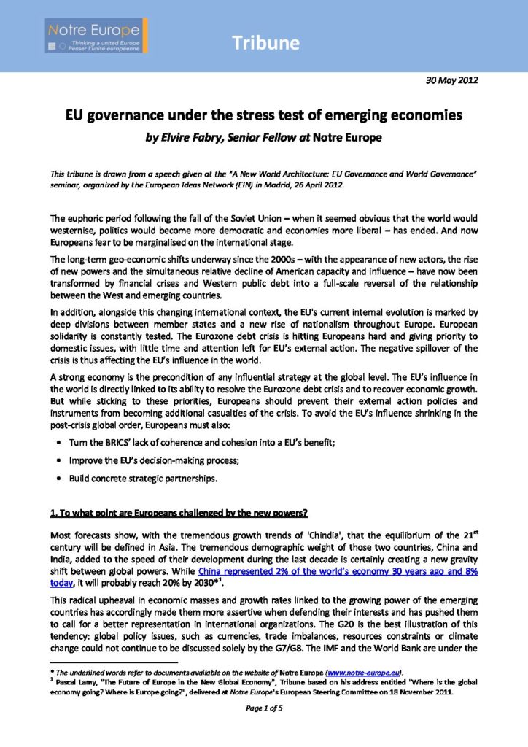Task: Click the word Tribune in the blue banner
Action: coord(266,43)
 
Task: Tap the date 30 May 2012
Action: coord(451,80)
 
